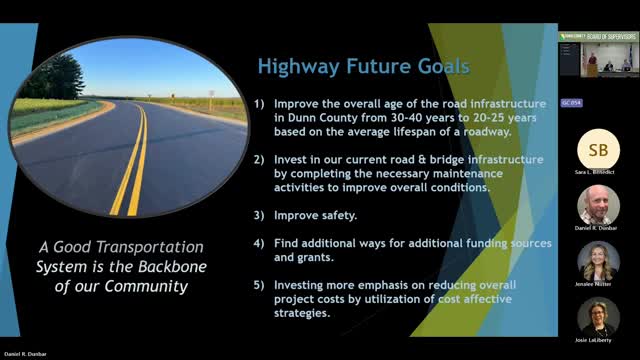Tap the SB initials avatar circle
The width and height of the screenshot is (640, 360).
tap(598, 149)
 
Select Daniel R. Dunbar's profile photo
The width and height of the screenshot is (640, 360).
tap(598, 205)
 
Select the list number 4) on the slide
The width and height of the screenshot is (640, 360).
tap(260, 243)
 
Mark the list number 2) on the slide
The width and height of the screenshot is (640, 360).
tap(260, 159)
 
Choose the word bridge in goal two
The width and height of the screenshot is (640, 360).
tap(436, 159)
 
